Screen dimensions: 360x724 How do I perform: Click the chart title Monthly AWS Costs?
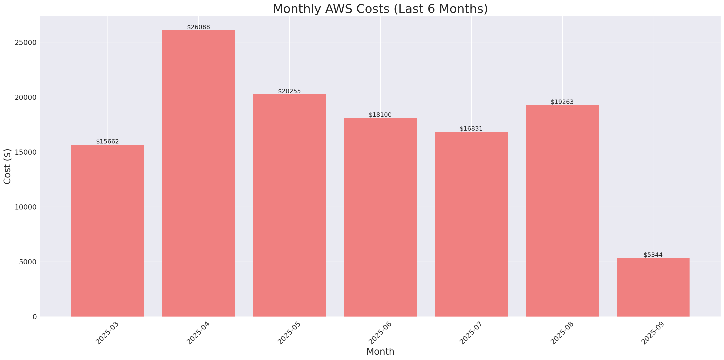tap(380, 9)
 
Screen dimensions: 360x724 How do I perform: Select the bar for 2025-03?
tap(107, 231)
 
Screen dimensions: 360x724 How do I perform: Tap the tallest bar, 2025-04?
tap(198, 173)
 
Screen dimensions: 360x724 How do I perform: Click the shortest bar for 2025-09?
tap(653, 287)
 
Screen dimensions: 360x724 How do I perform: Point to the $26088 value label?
tap(198, 27)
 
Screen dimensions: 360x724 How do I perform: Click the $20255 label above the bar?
tap(289, 91)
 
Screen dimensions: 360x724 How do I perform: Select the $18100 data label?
tap(380, 115)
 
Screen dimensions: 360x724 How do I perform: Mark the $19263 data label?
tap(562, 102)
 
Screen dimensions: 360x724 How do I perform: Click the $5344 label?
tap(653, 255)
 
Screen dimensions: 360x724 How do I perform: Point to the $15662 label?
tap(107, 142)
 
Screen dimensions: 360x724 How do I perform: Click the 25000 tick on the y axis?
tap(26, 42)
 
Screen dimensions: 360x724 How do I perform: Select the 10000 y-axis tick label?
tap(26, 207)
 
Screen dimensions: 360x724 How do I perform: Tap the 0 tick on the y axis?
tap(34, 317)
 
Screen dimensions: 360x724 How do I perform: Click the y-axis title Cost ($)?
tap(7, 166)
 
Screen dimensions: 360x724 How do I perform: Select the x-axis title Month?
tap(380, 352)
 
